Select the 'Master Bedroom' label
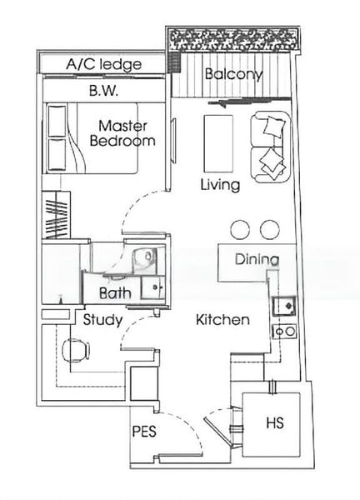[x=126, y=133]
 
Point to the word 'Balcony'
[x=233, y=74]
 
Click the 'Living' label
[x=220, y=185]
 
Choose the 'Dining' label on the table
[x=256, y=259]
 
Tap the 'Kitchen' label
[x=222, y=320]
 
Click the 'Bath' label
[x=115, y=293]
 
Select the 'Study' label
[x=102, y=320]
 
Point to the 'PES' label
[x=144, y=432]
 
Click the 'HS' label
[x=274, y=422]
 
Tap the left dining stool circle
[x=240, y=229]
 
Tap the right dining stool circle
[x=269, y=229]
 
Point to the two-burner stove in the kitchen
[x=285, y=331]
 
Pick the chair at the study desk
[x=73, y=350]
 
